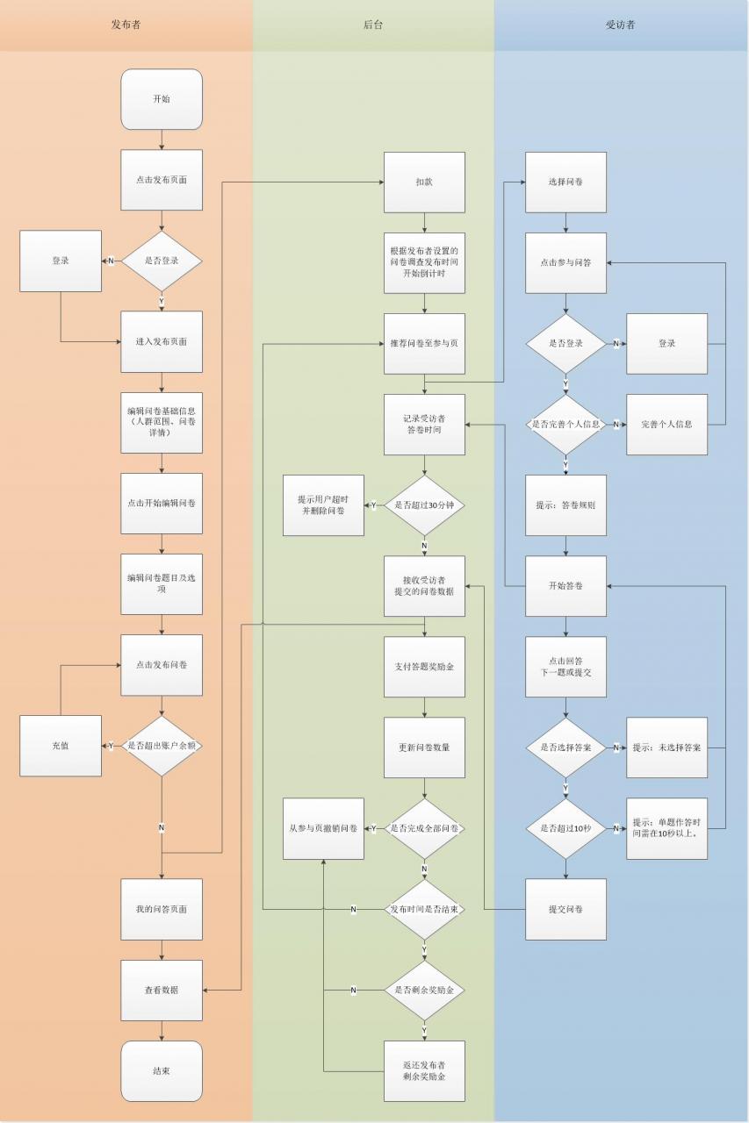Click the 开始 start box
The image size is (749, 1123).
162,99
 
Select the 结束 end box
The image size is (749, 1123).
162,1071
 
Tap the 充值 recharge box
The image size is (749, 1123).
61,746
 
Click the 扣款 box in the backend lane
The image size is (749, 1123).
424,182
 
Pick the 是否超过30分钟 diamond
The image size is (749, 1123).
424,505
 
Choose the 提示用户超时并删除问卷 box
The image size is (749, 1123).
324,505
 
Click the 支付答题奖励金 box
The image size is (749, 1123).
424,667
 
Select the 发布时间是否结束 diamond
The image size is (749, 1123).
424,909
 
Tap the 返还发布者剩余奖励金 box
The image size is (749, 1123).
424,1071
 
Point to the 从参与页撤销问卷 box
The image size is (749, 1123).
324,829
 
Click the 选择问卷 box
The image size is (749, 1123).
565,182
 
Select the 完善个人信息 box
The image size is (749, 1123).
666,425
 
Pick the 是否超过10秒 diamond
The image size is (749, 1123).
565,829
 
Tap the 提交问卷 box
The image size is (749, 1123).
565,909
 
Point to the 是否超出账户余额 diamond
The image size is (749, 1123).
162,746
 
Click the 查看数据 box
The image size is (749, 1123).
162,991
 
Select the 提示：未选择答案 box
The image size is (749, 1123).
666,747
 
